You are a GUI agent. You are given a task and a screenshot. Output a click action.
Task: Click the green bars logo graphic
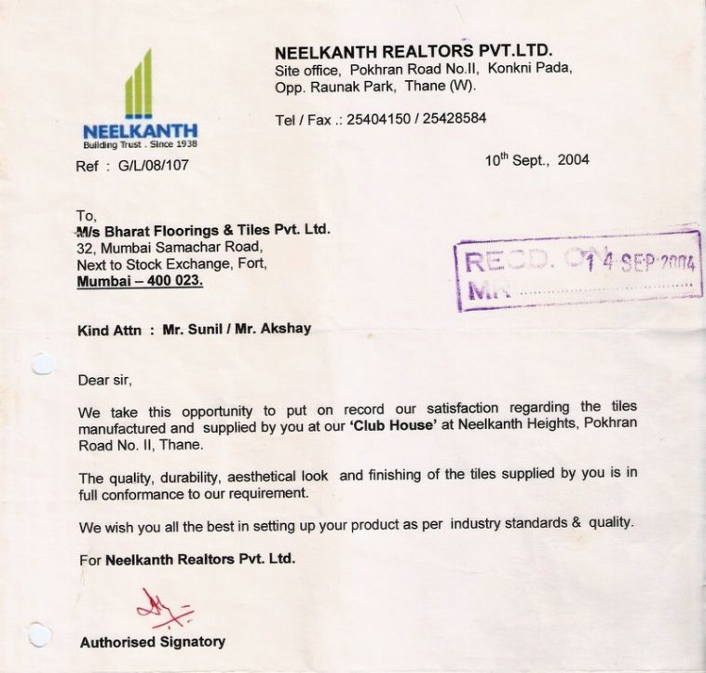point(138,86)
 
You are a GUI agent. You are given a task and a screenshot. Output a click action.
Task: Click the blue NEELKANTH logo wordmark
point(140,131)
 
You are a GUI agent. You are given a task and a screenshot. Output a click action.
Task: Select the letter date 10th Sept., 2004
point(536,160)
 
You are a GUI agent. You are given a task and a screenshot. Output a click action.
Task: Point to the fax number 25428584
point(450,119)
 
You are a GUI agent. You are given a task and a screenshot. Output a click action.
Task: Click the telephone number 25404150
point(378,119)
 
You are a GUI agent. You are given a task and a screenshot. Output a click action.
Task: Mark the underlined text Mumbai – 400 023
point(139,280)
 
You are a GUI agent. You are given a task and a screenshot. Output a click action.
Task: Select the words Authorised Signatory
point(152,641)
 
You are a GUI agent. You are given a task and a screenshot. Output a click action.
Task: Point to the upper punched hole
point(43,363)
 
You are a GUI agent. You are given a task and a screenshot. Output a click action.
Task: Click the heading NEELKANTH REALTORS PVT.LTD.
point(414,52)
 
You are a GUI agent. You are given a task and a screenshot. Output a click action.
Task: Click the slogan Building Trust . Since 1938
point(140,144)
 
